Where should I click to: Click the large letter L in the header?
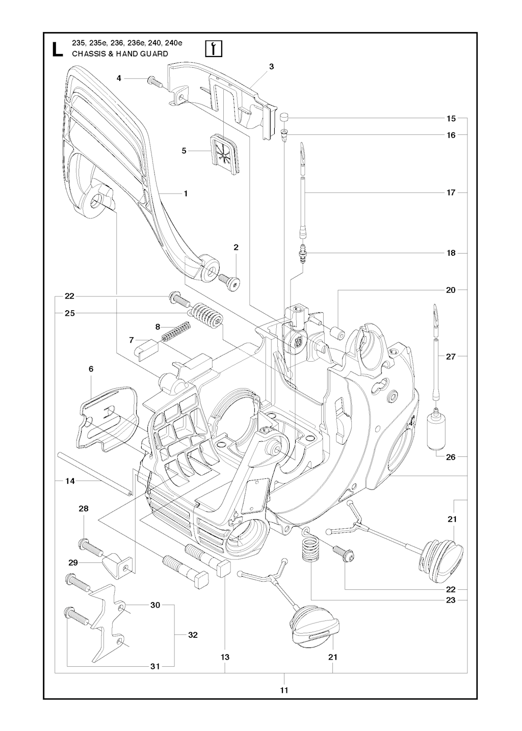click(57, 48)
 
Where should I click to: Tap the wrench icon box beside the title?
click(212, 48)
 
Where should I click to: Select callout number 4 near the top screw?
click(119, 78)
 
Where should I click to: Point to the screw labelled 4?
click(153, 81)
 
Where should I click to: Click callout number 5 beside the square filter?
click(185, 151)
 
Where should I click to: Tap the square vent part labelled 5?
click(223, 152)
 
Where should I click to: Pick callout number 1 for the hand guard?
click(186, 194)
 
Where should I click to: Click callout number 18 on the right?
click(451, 253)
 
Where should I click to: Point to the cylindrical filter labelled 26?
click(437, 431)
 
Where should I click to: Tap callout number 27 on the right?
click(451, 357)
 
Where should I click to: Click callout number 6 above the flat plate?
click(91, 368)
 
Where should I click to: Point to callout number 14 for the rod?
click(70, 480)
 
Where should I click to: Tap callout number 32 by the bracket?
click(193, 635)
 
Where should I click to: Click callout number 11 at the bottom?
click(284, 690)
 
